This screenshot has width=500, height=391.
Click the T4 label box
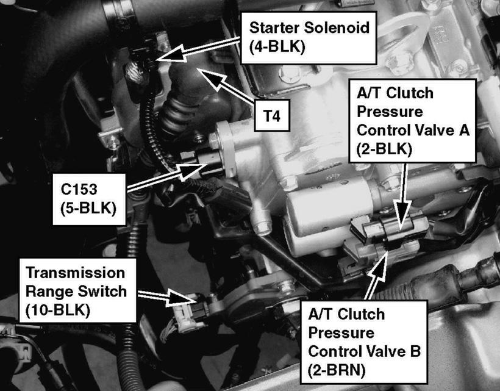pos(272,115)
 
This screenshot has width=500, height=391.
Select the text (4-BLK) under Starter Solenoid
pos(277,47)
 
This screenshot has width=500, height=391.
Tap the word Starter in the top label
pos(274,27)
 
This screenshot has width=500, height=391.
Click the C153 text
pos(79,190)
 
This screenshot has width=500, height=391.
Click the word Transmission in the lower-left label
pos(76,273)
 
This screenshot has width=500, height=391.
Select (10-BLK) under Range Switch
pos(57,310)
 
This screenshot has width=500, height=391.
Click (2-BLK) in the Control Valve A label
pos(384,149)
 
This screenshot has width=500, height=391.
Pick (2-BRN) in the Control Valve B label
pos(337,370)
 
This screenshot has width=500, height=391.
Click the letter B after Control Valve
pos(415,351)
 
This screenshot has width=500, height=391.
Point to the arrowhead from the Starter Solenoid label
pos(171,54)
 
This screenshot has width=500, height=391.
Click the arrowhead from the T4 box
pos(212,77)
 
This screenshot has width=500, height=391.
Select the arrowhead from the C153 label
pos(193,170)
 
